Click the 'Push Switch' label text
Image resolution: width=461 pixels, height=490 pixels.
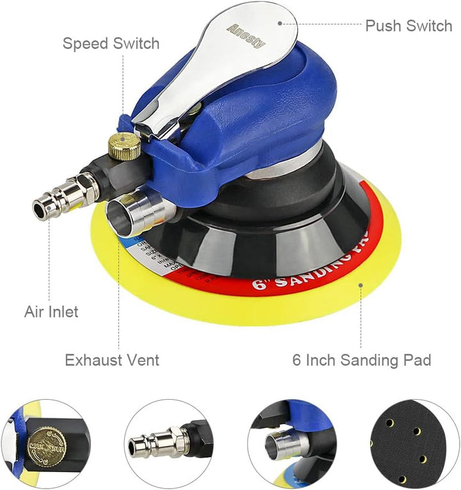[x=408, y=26]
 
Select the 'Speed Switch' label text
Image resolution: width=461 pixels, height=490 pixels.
[x=111, y=44]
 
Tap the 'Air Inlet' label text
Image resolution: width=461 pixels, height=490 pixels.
[x=51, y=312]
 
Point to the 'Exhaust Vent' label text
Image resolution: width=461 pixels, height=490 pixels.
[x=112, y=360]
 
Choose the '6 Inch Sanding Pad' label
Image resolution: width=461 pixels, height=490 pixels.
[x=362, y=360]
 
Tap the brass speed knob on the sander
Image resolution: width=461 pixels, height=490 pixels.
[x=124, y=146]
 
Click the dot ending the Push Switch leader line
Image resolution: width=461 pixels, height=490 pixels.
[x=280, y=23]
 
